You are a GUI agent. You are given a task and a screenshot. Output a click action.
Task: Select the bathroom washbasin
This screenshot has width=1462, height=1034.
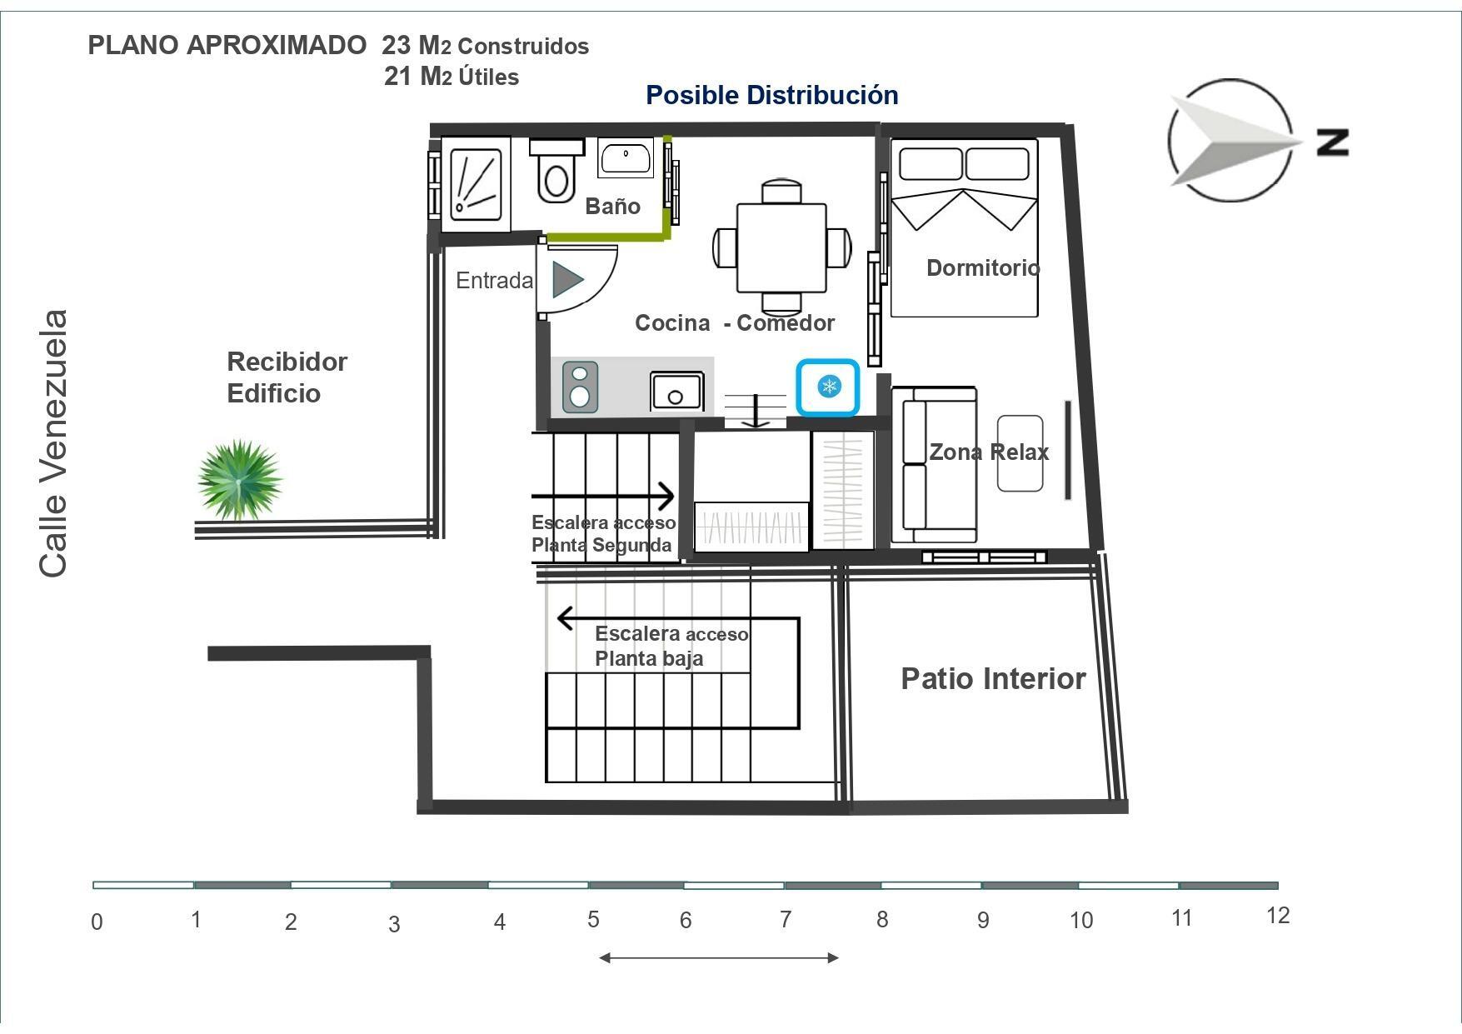(626, 158)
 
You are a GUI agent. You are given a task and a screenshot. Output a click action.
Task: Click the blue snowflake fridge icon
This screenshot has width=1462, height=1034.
(828, 387)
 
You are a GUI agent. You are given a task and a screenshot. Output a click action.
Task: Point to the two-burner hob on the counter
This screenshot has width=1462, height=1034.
(580, 387)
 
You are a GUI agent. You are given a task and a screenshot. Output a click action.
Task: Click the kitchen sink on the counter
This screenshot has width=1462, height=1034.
(676, 392)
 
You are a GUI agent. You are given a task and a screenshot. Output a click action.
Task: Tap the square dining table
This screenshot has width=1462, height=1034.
(781, 247)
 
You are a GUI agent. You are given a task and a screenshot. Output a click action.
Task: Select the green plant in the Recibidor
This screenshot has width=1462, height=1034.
(240, 480)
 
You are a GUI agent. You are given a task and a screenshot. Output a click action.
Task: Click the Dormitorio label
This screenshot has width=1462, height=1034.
(983, 267)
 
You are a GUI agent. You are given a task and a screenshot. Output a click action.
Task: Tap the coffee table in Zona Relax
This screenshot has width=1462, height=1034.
(1020, 452)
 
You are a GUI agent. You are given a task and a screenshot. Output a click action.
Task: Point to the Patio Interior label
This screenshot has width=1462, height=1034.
(993, 678)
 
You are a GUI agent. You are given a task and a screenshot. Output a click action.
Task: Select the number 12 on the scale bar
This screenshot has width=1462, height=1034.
(1277, 916)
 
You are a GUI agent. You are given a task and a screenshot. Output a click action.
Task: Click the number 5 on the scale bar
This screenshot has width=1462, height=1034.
(593, 919)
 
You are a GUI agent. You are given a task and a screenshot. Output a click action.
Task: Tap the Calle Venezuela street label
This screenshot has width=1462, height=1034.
(53, 443)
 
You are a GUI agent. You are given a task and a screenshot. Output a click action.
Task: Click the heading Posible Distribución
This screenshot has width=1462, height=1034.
(772, 95)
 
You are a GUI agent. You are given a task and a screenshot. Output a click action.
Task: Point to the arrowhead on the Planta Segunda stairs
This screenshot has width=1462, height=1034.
(666, 496)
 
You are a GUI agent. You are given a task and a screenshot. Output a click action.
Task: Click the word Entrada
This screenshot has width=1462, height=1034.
(494, 281)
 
